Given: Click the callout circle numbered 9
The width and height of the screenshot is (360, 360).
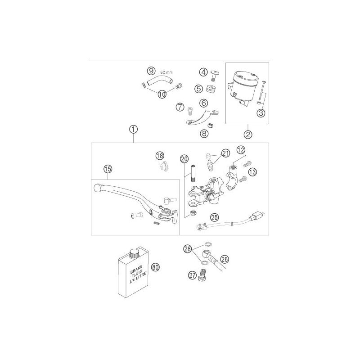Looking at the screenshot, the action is (x=151, y=71).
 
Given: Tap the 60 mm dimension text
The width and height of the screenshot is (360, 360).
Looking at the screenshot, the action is (x=166, y=72).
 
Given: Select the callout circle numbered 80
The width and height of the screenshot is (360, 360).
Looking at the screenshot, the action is (x=155, y=267).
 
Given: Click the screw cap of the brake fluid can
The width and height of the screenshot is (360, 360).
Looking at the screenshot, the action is (x=134, y=253).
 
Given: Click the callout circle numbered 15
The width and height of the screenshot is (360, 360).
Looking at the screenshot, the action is (x=108, y=169).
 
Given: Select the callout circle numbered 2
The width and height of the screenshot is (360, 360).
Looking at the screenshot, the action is (x=248, y=134).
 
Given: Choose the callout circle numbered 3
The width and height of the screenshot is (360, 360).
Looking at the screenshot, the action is (x=261, y=113).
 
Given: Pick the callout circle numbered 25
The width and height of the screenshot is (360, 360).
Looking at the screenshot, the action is (x=215, y=217).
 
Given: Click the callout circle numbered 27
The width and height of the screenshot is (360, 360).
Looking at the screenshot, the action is (x=193, y=274).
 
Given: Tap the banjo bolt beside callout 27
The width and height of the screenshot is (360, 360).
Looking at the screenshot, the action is (x=201, y=274).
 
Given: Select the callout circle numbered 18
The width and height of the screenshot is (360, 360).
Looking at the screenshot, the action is (x=160, y=156).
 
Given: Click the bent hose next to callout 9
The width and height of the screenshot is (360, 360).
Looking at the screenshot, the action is (x=161, y=81).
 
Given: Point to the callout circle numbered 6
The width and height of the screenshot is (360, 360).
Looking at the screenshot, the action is (x=203, y=103).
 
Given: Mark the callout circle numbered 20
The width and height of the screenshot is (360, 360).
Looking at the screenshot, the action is (x=184, y=159).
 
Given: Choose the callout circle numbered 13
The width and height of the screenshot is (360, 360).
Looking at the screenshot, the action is (x=252, y=172).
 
